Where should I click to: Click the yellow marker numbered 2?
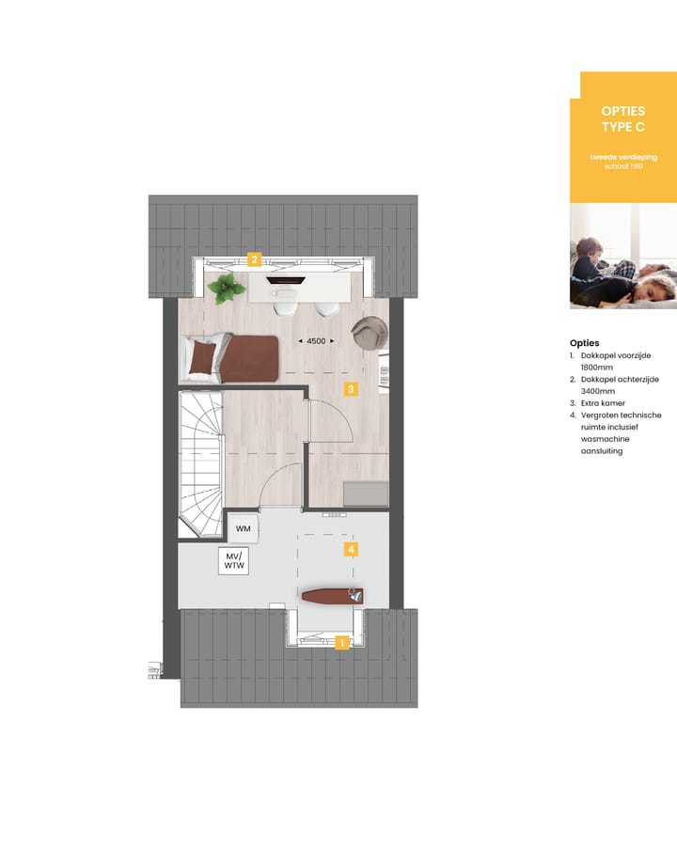253,259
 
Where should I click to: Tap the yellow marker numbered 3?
350,387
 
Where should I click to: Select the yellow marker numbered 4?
350,548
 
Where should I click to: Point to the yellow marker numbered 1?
342,643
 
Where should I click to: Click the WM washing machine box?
243,528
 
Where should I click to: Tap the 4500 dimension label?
316,341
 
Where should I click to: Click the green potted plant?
226,288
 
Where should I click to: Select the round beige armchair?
369,333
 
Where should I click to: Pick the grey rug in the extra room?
365,493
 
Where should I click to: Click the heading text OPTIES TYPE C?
622,118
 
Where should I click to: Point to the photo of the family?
622,257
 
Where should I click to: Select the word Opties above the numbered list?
584,343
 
